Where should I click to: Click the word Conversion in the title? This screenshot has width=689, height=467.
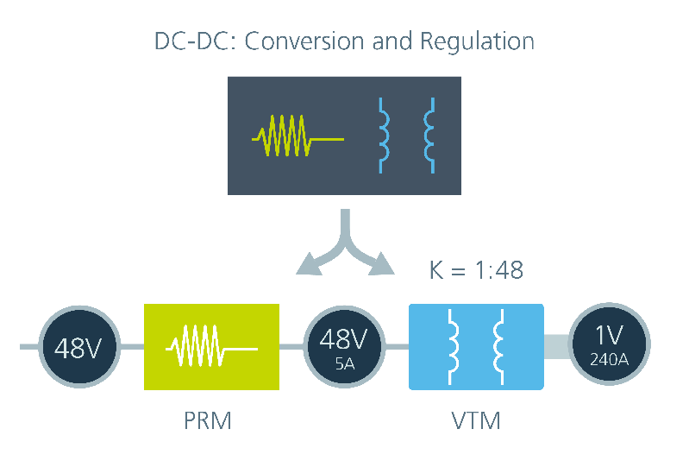tap(304, 41)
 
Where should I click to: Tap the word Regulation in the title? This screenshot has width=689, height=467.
tap(477, 42)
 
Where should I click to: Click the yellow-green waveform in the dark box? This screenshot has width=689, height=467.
tap(298, 136)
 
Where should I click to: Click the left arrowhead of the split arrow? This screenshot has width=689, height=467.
tap(310, 265)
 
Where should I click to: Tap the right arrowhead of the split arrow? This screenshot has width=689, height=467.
tap(380, 264)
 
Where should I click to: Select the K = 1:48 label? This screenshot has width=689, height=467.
tap(476, 270)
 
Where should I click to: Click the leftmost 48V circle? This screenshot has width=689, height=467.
tap(79, 347)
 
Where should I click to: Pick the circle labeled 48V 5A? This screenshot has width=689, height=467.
tap(344, 347)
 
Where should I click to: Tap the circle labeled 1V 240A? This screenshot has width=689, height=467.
tap(609, 344)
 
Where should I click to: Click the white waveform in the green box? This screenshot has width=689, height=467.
tap(211, 345)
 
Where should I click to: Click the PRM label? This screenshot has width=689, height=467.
tap(208, 420)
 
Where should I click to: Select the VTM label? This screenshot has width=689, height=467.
tap(476, 420)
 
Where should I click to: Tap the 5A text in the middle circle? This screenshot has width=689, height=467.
tap(345, 363)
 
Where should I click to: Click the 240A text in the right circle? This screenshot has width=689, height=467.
tap(609, 360)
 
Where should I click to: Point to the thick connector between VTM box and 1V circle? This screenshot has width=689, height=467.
tap(556, 346)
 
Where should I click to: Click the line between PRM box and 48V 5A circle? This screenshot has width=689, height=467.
tap(291, 346)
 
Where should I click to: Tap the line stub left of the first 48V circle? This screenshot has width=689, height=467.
tap(29, 347)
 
